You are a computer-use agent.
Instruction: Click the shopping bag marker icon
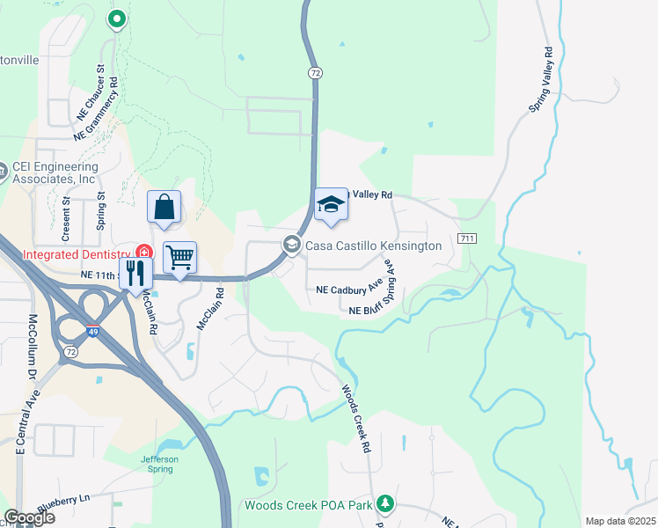164,208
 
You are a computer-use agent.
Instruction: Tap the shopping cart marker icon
179,258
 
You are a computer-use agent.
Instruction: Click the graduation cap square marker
332,206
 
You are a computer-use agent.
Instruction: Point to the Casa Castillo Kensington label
373,246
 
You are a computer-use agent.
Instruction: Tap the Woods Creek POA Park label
308,505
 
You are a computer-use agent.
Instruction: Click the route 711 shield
467,239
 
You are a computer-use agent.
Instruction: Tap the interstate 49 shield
93,332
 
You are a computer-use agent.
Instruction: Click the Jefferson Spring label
160,464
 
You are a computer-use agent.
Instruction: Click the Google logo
29,517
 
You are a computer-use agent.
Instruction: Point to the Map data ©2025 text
621,521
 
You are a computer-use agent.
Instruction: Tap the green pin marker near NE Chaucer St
116,18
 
